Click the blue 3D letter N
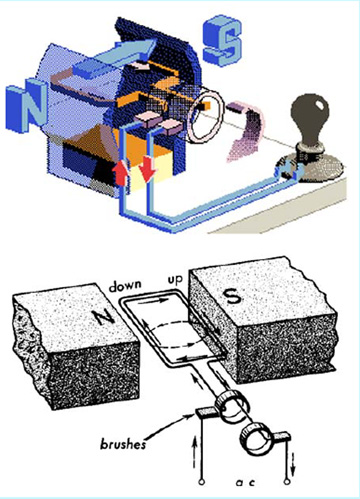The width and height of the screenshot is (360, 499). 27,105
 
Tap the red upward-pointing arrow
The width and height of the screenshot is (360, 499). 120,173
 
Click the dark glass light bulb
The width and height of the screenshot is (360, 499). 310,117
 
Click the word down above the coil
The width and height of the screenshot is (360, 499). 125,286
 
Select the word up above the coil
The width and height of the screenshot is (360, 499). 175,280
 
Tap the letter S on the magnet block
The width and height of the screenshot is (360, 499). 233,295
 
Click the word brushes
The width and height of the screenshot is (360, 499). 123,444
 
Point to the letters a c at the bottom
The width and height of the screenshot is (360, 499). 245,482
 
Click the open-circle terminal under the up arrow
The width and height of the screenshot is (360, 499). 201,482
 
